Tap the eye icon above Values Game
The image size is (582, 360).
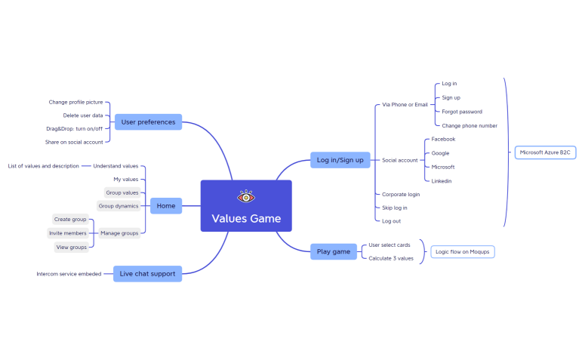point(246,196)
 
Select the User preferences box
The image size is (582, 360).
point(148,122)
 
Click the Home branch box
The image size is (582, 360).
point(166,205)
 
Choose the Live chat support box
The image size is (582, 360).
point(148,273)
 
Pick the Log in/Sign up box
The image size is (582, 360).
point(340,159)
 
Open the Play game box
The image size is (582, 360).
point(333,251)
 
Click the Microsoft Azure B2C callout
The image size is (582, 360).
point(545,152)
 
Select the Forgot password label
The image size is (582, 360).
point(462,112)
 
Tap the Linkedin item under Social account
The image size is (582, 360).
point(442,181)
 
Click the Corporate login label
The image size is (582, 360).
point(401,194)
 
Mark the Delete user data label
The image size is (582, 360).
point(83,115)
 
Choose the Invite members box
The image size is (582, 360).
point(68,233)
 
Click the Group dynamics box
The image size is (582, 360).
point(119,205)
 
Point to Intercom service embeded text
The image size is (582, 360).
point(69,273)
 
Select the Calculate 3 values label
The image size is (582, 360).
point(391,258)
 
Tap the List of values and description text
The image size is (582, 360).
point(43,165)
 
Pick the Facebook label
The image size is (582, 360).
point(444,139)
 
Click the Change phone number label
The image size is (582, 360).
point(470,125)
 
